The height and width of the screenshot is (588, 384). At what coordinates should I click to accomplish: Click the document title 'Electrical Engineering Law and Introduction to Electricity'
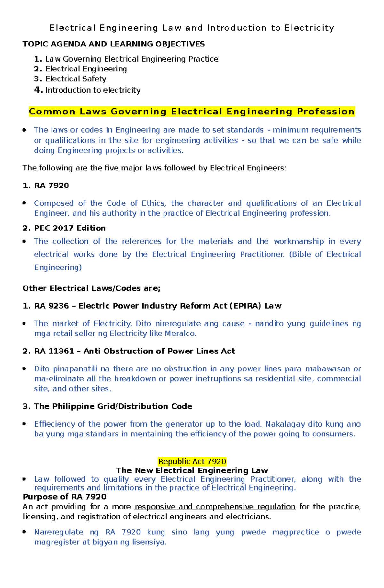click(192, 28)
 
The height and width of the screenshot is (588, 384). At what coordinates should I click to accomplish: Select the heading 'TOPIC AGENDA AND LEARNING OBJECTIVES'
click(114, 44)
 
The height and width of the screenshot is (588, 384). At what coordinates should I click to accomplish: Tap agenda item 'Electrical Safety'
click(76, 79)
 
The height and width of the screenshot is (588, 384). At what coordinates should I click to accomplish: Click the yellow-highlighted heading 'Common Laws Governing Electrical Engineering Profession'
click(192, 112)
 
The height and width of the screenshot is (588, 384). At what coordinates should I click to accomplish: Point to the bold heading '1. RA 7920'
click(46, 186)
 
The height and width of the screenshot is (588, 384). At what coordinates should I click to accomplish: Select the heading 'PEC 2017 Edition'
click(70, 228)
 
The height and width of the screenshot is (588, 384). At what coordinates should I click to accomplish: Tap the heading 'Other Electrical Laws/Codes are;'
click(92, 288)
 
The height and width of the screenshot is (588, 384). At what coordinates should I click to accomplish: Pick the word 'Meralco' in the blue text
click(180, 334)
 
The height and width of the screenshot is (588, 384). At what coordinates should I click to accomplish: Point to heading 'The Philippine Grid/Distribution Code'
click(113, 406)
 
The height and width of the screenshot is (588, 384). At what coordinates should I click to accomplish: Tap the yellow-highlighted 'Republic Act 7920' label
click(192, 461)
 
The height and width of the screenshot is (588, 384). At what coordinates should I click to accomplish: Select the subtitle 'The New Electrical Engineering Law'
click(192, 470)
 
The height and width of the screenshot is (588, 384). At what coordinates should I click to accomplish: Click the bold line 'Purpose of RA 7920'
click(65, 497)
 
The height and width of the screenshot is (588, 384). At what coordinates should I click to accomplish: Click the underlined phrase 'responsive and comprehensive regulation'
click(215, 507)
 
